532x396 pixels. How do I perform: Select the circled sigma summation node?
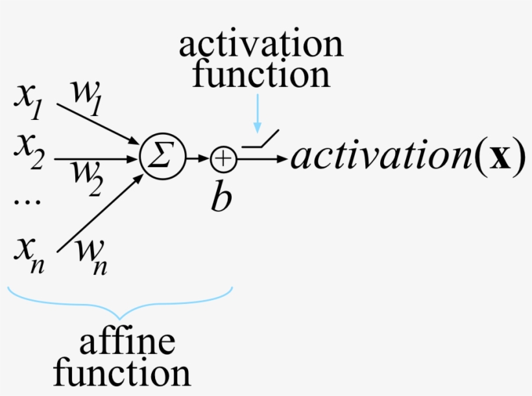[x=163, y=157]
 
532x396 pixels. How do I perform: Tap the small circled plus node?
[x=224, y=157]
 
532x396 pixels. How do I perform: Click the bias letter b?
[x=221, y=197]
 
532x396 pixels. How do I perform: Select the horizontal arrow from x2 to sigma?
[x=97, y=157]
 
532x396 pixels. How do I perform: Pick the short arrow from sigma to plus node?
[x=197, y=157]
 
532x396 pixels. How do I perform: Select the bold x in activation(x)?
[x=501, y=157]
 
